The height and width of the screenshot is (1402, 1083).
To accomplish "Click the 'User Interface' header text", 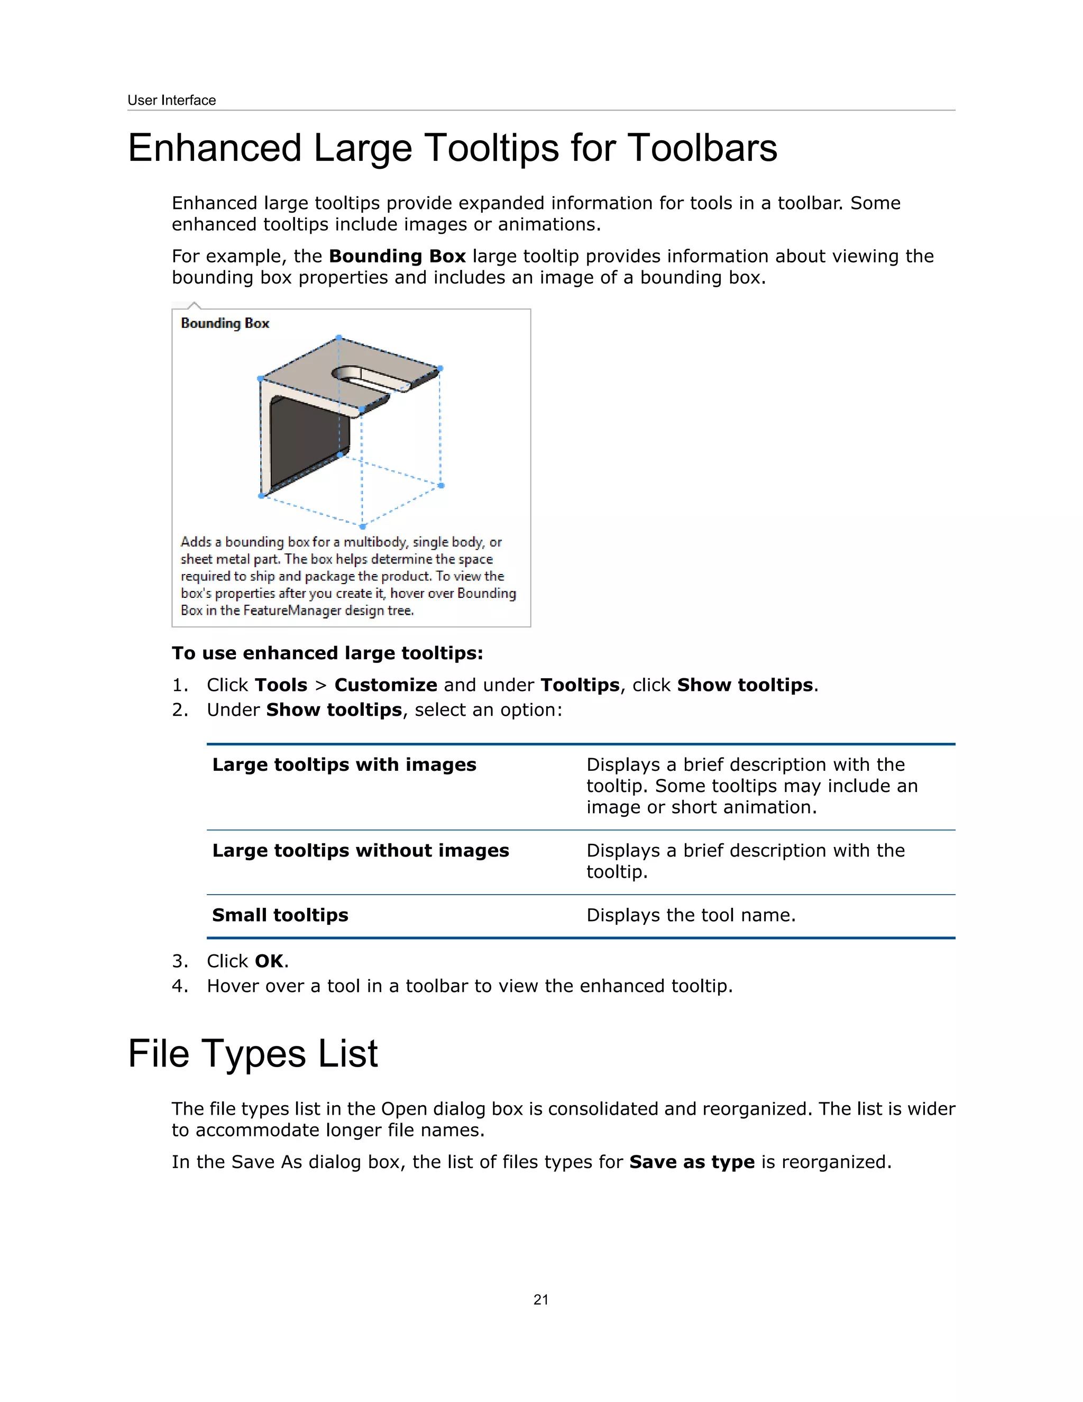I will (171, 100).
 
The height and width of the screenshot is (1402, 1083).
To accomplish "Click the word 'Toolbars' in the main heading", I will (702, 148).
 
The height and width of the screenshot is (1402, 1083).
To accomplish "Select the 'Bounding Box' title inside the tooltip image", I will (225, 324).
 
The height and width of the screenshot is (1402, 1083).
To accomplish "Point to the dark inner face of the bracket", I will (308, 443).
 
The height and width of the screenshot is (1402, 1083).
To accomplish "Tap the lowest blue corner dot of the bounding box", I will (362, 526).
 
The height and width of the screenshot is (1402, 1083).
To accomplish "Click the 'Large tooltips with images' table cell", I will (344, 764).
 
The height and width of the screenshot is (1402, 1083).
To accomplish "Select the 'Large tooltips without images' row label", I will (360, 851).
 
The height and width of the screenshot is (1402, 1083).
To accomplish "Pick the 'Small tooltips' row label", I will (280, 915).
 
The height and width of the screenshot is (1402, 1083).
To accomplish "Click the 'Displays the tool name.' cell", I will (690, 915).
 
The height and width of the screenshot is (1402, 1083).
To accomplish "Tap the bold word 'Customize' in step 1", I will (386, 686).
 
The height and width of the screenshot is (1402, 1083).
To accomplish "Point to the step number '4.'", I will (180, 987).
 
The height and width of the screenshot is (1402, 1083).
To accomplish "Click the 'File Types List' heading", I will (253, 1054).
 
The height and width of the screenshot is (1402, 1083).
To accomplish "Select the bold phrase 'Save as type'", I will (691, 1162).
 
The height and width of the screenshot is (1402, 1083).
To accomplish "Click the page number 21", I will (541, 1300).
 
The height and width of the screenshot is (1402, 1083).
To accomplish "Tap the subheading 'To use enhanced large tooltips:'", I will (327, 653).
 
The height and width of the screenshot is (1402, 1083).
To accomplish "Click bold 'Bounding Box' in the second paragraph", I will (397, 257).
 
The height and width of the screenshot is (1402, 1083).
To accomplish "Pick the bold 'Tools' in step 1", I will (280, 686).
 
